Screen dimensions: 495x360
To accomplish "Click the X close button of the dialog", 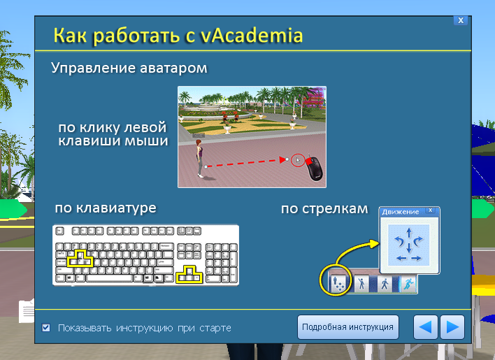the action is [461, 20].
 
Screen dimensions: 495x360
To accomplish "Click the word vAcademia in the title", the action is [252, 35].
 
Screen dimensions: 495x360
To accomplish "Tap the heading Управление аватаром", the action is [129, 68].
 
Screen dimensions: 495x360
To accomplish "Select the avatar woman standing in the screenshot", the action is [199, 158].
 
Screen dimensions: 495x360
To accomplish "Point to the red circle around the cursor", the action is [298, 161].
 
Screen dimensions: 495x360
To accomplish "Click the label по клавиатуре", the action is [106, 208].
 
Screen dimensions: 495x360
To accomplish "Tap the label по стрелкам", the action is [324, 209].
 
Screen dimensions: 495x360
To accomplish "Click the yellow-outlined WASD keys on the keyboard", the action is [80, 259].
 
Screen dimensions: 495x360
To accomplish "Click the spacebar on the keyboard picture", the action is [109, 278].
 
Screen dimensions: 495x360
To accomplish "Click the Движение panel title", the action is [401, 212].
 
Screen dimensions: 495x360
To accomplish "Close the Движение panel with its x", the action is [430, 210].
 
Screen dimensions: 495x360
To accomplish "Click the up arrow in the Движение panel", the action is [409, 233].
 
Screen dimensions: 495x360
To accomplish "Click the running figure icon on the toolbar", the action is [408, 284].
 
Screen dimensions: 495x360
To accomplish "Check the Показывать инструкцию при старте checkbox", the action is [45, 328].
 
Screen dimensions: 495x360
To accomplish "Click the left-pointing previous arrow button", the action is [425, 327].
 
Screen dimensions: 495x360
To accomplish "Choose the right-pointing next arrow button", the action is [452, 327].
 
